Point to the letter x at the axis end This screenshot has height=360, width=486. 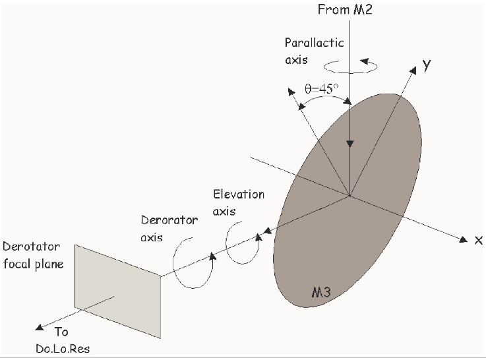coord(479,239)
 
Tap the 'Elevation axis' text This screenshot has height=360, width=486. coord(239,201)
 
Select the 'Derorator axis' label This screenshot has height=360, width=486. coord(169,227)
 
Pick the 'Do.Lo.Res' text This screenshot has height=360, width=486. coord(63,348)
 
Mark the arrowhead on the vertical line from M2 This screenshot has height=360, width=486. coord(351,144)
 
